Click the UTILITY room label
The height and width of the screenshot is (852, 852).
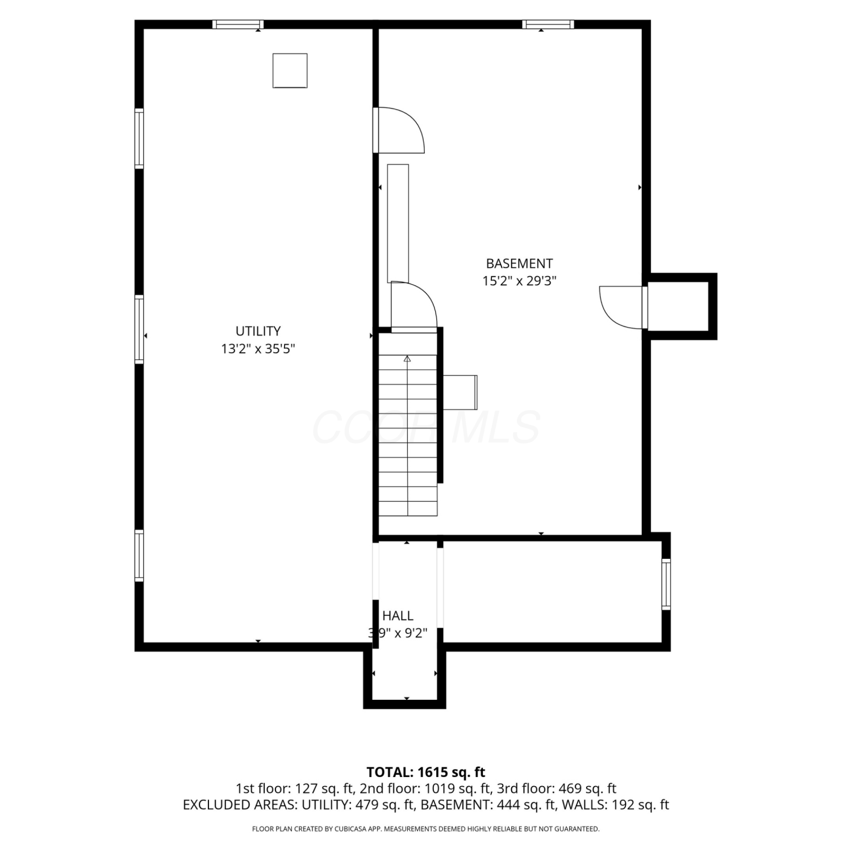pos(258,331)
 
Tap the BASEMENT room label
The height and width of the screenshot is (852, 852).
pos(519,264)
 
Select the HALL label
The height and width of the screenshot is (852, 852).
pos(398,616)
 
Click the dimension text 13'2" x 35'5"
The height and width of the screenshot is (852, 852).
pos(258,348)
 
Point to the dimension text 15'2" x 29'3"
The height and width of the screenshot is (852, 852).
pos(519,281)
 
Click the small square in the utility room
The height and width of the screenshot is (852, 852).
pos(290,70)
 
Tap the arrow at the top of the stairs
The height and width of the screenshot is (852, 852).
pos(407,359)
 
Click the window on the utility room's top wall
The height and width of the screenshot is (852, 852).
pos(238,24)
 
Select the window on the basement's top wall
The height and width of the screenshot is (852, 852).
pos(548,24)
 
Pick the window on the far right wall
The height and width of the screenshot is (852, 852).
pos(666,584)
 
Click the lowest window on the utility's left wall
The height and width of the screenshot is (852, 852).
pos(139,556)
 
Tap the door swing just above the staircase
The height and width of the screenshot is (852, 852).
pos(414,305)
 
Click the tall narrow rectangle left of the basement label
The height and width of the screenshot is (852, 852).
pos(398,223)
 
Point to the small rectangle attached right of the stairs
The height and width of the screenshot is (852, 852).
pos(460,392)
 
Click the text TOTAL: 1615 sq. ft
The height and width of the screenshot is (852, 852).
pos(426,772)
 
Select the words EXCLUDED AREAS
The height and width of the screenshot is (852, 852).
pos(239,805)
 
